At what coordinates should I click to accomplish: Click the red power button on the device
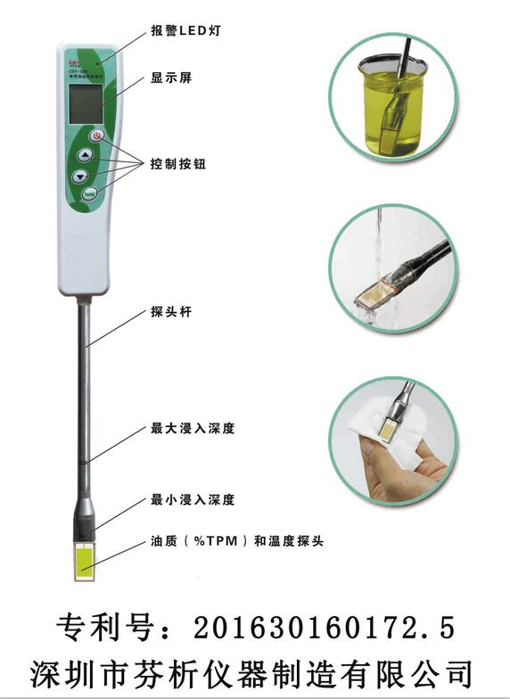pos(97,136)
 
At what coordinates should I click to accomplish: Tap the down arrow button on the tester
pos(82,176)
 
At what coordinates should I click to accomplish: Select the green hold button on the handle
pos(90,193)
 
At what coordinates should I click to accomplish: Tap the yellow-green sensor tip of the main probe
pos(86,562)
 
